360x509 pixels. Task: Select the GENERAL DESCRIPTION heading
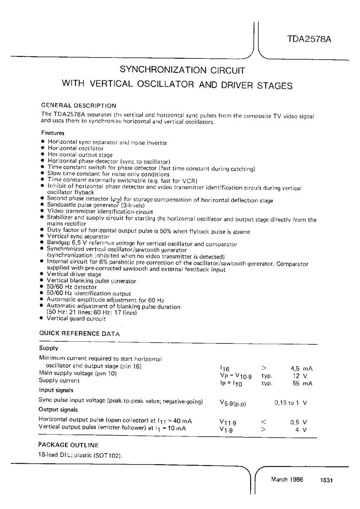[78, 106]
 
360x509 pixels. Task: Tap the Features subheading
[53, 133]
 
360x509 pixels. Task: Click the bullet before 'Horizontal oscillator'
[43, 149]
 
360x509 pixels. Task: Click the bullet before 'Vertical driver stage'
[42, 274]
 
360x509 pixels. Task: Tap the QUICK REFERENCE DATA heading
[80, 334]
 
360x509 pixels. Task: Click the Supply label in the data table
[49, 348]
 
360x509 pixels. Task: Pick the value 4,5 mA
[302, 368]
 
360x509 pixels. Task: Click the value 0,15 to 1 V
[291, 403]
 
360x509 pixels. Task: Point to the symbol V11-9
[228, 423]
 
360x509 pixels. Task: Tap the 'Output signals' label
[58, 409]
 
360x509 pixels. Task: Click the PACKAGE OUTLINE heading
[69, 445]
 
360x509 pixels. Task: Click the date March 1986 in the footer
[287, 480]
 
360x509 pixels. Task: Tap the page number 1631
[326, 480]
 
